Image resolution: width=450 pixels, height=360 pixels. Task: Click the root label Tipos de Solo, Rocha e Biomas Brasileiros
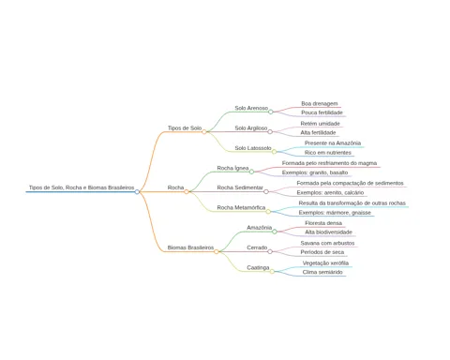coord(82,187)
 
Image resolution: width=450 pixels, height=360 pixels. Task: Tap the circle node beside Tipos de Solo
coord(204,132)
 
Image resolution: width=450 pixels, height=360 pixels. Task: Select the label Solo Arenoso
coord(251,108)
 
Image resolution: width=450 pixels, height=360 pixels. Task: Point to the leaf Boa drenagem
coord(320,103)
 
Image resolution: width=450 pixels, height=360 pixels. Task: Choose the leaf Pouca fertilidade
coord(322,112)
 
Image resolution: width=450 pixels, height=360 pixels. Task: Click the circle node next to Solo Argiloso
coord(270,132)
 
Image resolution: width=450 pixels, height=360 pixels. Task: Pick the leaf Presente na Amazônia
coord(333,143)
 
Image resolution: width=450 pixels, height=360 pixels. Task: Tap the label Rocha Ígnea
coord(232,168)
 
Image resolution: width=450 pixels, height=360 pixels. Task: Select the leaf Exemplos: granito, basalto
coord(315,172)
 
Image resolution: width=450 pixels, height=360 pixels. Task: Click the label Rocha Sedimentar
coord(240,187)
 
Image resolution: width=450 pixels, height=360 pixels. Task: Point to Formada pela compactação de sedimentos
coord(350,183)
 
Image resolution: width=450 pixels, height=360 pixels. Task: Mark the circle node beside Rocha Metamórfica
coord(268,212)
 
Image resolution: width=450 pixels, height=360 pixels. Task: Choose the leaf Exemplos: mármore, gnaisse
coord(335,213)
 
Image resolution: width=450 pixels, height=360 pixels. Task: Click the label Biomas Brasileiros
coord(190,247)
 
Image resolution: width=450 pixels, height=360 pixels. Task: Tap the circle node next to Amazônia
coord(275,232)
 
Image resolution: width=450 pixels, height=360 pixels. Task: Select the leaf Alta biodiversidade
coord(328,232)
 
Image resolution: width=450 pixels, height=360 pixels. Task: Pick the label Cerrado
coord(257,247)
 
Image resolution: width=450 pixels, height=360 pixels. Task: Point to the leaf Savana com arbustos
coord(327,243)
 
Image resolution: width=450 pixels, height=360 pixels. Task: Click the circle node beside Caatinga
coord(272,272)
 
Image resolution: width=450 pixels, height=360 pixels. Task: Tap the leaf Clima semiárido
coord(322,272)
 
